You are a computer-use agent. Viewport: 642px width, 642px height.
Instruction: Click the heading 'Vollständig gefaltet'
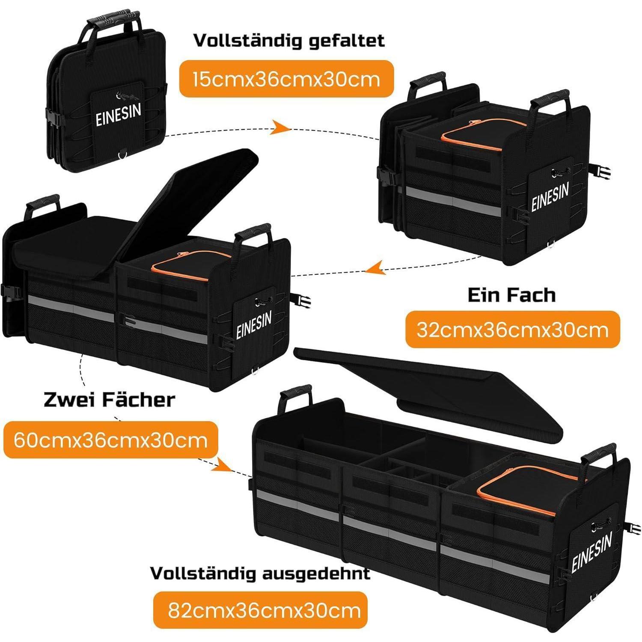point(289,41)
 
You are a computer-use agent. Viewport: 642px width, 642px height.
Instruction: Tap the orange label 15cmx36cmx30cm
point(286,79)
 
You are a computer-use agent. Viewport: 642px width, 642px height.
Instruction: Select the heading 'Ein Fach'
point(511,295)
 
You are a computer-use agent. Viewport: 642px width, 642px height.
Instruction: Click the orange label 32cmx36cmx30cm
point(512,329)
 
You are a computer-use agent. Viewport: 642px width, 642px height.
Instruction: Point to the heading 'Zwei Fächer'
point(110,400)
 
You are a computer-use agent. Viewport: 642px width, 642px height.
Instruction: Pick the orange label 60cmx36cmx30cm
point(110,440)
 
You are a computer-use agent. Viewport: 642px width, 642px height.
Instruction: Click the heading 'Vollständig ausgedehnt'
point(260,573)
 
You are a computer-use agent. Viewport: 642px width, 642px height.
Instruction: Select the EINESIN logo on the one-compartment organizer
point(550,197)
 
